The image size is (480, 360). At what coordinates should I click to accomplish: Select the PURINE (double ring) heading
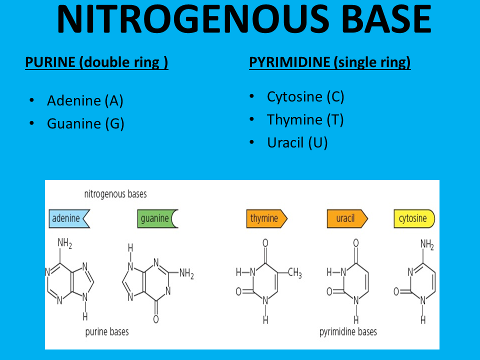(x=96, y=63)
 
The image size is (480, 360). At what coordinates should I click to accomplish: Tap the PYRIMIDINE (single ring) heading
(x=329, y=62)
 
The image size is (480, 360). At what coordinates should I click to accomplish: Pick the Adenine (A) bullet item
(x=85, y=100)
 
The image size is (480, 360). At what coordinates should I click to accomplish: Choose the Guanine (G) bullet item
(x=85, y=123)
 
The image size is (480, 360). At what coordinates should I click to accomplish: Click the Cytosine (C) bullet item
(x=305, y=96)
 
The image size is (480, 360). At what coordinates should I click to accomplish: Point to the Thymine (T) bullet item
(x=305, y=120)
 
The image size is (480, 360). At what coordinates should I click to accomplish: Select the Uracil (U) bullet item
(x=297, y=143)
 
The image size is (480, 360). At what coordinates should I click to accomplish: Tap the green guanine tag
(x=157, y=218)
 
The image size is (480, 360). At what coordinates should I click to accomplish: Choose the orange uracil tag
(x=346, y=218)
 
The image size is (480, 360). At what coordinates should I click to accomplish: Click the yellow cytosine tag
(x=413, y=218)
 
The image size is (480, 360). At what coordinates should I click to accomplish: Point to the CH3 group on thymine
(x=294, y=273)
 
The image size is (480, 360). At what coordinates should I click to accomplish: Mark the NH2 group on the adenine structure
(x=65, y=243)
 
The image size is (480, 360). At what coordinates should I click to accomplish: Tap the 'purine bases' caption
(x=106, y=331)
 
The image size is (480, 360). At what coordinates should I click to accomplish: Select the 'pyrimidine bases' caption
(x=348, y=331)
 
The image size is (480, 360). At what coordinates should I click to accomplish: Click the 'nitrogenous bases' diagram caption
(x=115, y=193)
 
